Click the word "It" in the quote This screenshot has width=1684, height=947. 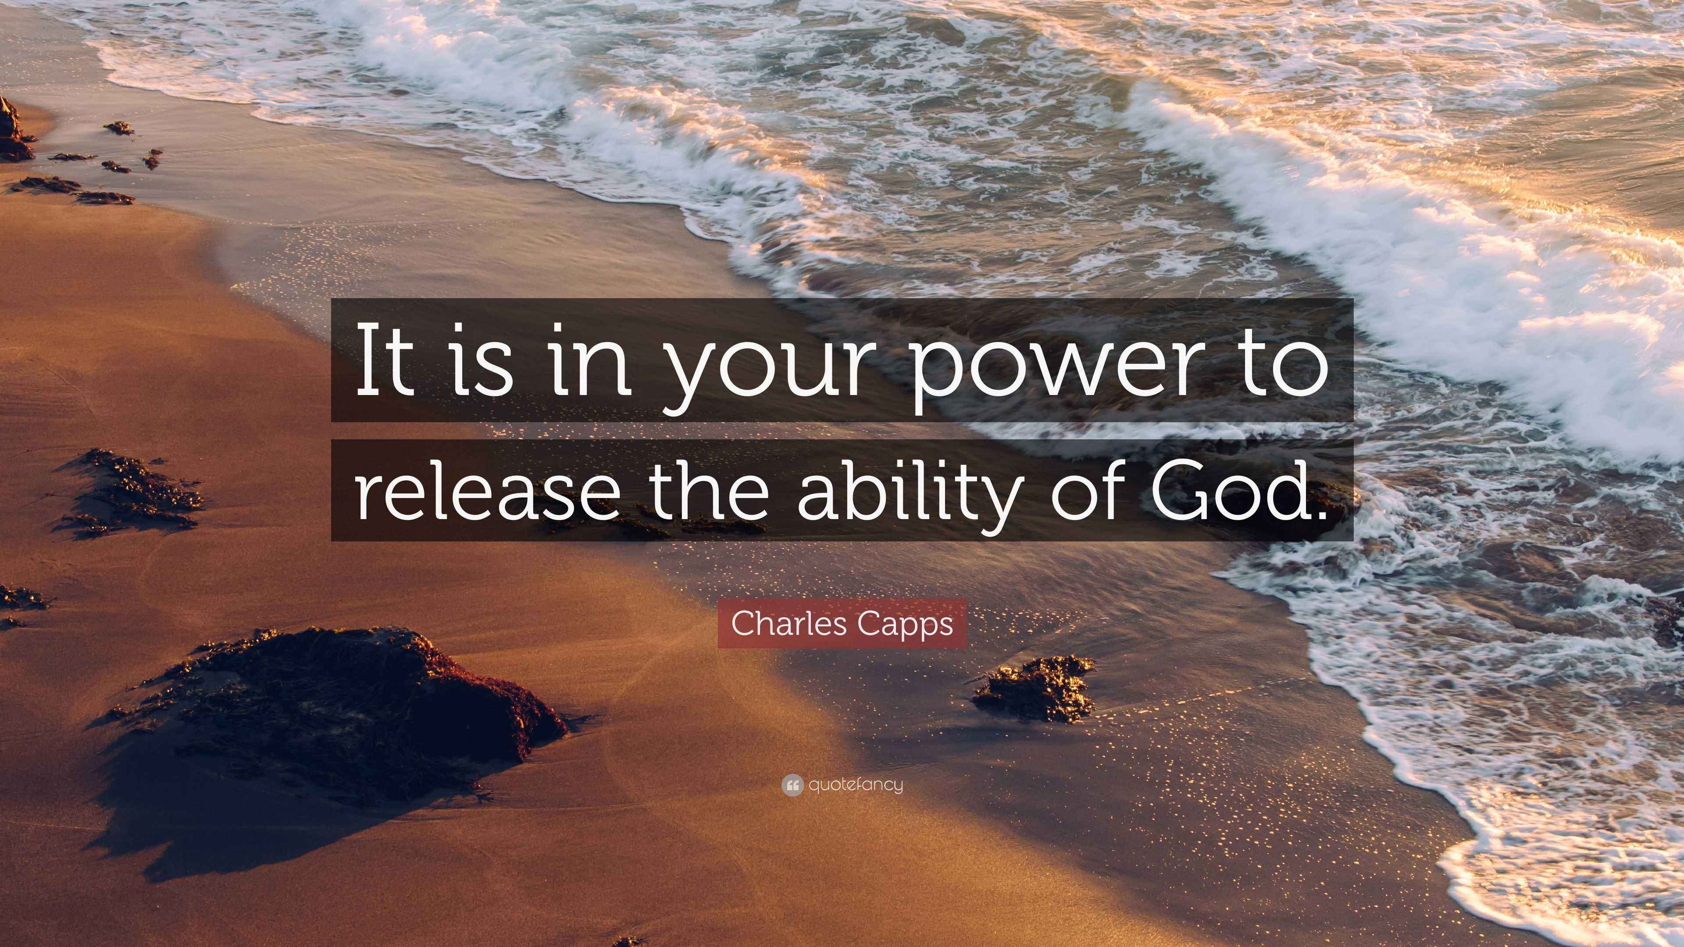[386, 361]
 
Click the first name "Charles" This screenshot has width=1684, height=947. [787, 623]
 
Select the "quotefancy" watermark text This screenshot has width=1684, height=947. [855, 785]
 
